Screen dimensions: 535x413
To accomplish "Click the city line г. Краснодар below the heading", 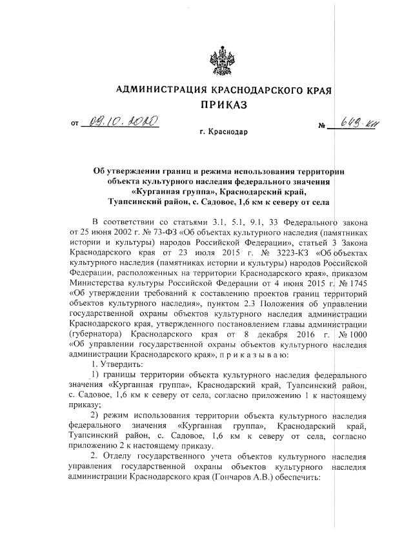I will (x=223, y=133).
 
